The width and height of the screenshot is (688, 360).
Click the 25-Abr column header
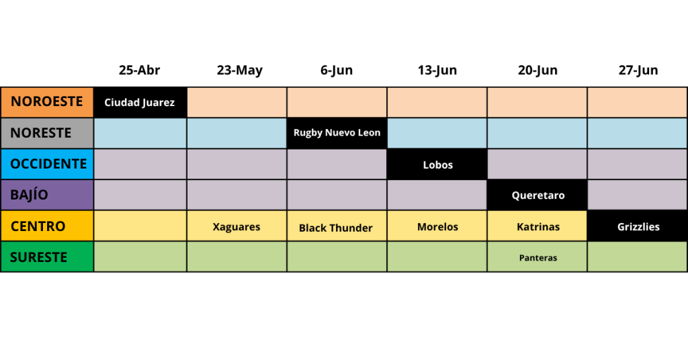139,70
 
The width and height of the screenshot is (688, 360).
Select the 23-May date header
240,70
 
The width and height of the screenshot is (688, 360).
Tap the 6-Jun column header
337,70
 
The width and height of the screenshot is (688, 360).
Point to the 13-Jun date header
437,70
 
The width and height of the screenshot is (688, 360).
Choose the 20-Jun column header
537,70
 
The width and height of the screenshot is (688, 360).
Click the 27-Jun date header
638,70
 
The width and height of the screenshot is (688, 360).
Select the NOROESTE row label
47,102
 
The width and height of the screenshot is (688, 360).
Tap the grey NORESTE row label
47,133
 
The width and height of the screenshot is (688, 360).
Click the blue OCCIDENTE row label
47,164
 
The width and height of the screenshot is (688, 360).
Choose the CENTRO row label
47,226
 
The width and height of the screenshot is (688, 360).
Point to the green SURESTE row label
47,257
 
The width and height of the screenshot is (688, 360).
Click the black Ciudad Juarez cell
140,102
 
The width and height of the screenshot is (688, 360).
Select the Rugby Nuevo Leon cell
337,133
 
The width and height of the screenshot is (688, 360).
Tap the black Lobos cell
437,164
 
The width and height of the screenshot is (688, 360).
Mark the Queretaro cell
537,195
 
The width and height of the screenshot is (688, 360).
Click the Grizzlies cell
638,226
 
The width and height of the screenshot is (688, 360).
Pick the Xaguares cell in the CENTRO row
237,226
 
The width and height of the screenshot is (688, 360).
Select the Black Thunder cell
337,226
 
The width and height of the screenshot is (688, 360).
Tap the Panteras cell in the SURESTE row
537,257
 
